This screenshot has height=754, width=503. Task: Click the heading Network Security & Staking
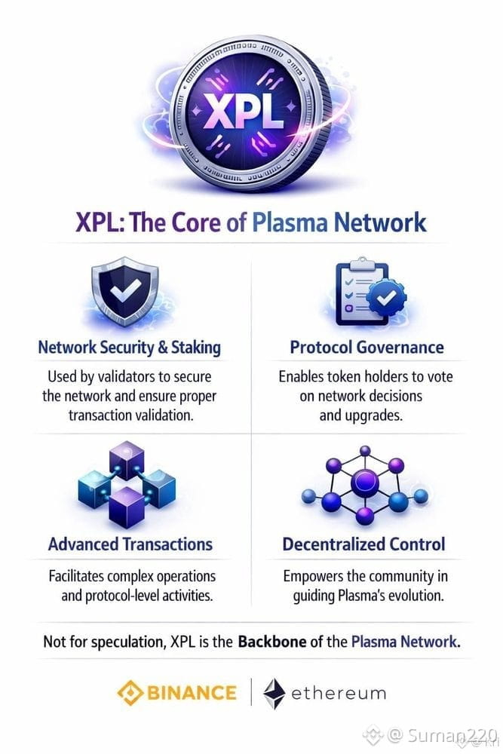(130, 348)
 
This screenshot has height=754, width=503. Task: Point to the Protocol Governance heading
(367, 348)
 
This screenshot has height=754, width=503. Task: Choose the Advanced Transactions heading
(130, 544)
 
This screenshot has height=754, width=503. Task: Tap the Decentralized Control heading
(363, 544)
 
